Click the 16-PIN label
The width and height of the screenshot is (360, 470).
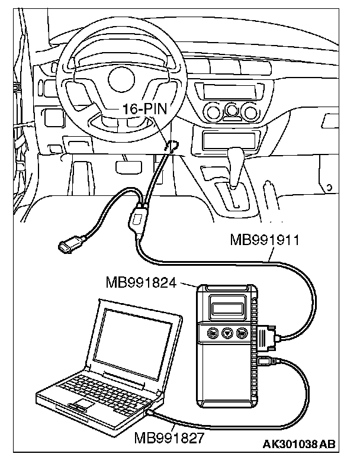point(145,110)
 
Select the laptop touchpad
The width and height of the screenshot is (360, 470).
point(83,404)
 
